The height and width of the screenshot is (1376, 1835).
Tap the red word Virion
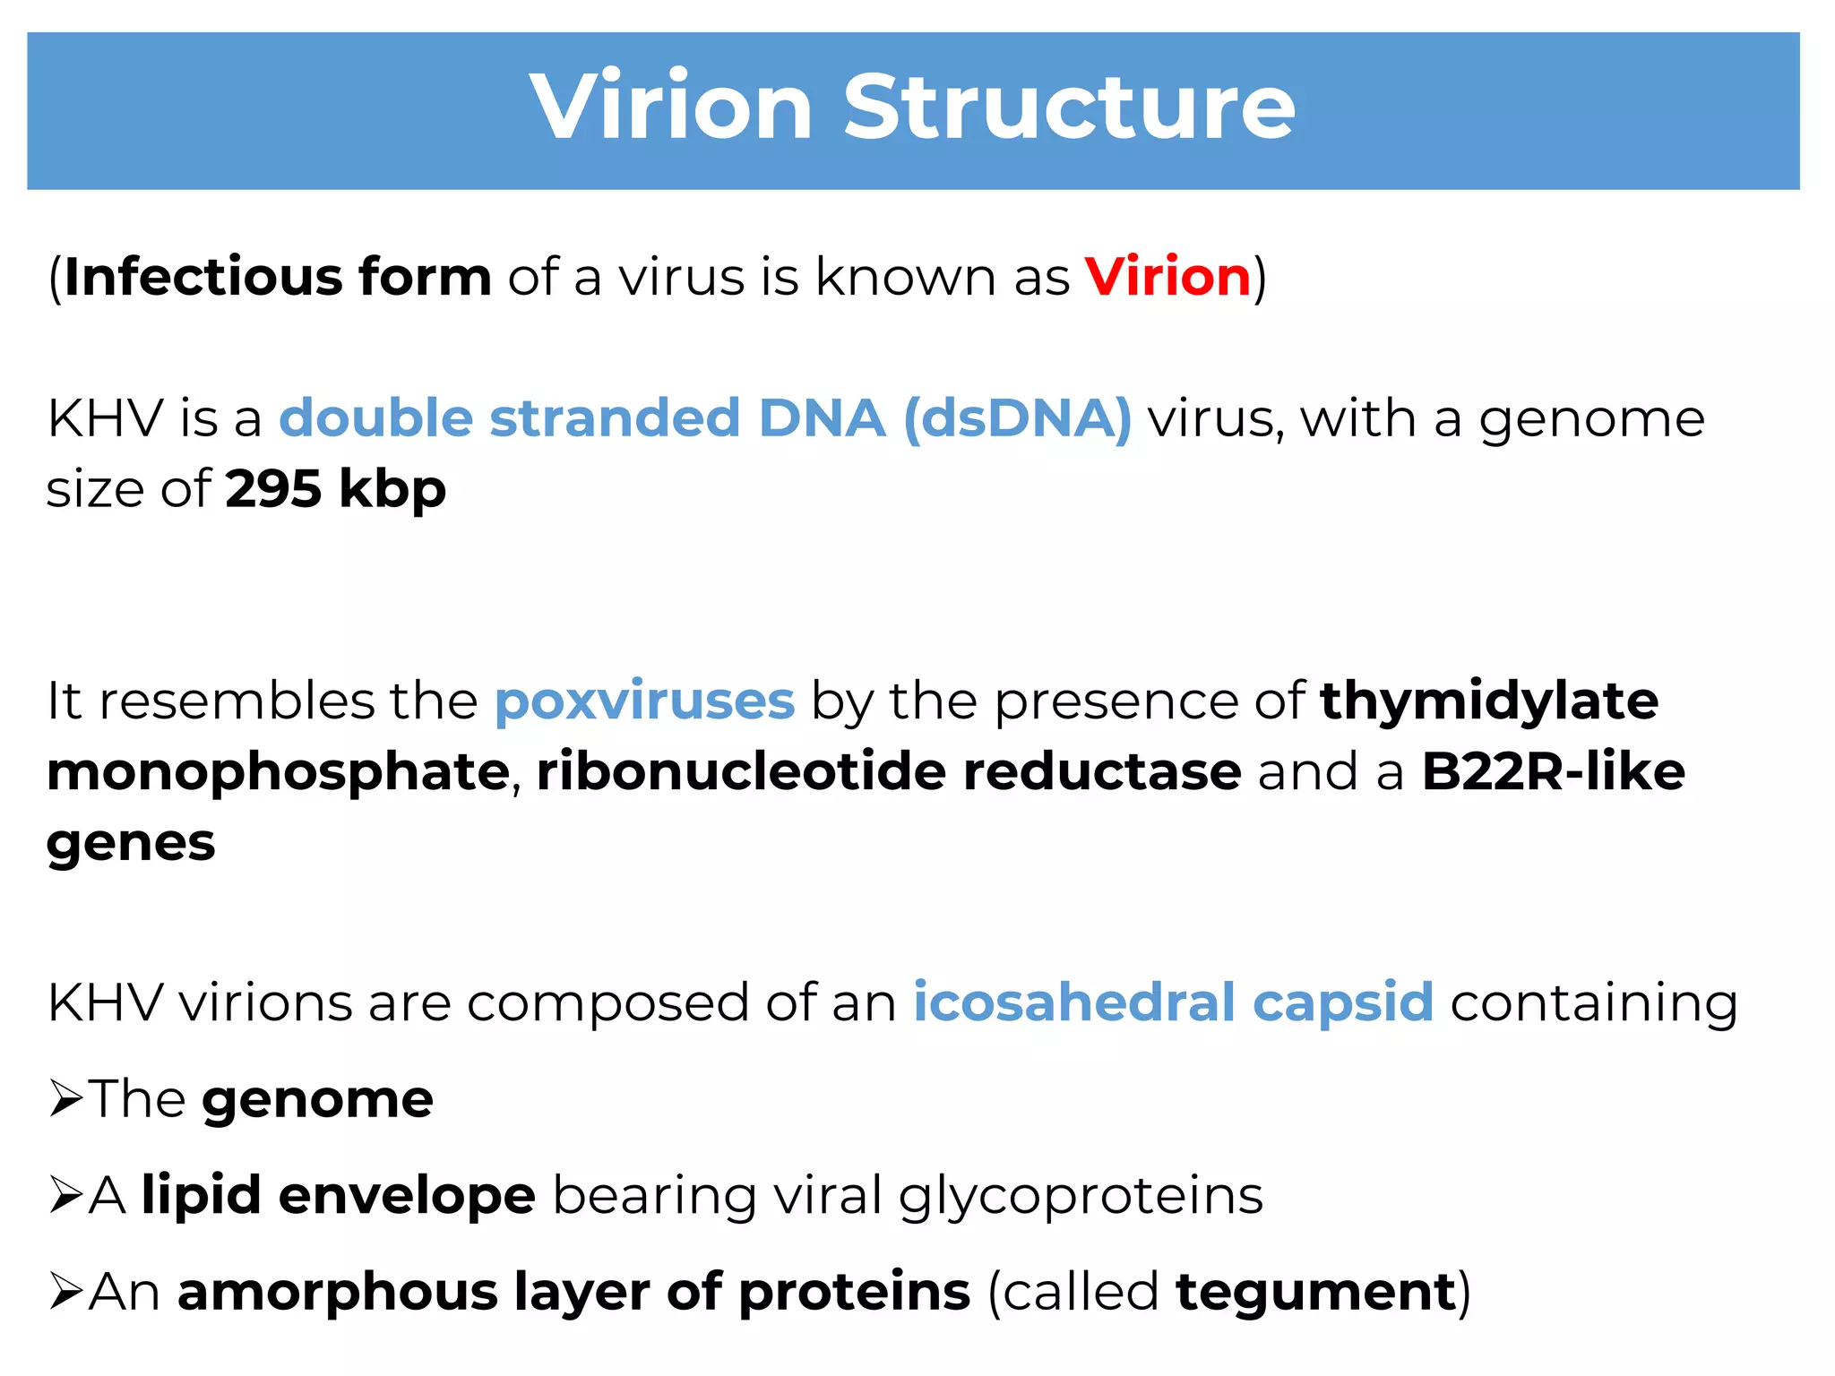click(x=1167, y=277)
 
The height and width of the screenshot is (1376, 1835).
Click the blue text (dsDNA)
click(x=1018, y=419)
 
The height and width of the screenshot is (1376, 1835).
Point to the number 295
click(x=273, y=489)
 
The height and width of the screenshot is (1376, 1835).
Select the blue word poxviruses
click(x=644, y=701)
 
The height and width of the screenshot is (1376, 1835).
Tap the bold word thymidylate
click(x=1489, y=701)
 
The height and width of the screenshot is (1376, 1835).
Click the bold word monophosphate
click(x=278, y=773)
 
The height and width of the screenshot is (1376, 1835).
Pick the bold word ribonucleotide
click(x=741, y=771)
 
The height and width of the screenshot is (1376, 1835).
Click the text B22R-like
click(x=1553, y=771)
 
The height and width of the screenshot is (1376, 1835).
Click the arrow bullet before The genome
click(x=66, y=1098)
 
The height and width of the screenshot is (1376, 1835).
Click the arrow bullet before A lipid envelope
click(x=66, y=1195)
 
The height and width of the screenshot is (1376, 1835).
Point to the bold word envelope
click(x=407, y=1197)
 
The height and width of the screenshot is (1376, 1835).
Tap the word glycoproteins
click(x=1081, y=1197)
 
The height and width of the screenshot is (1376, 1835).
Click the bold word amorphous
click(x=338, y=1293)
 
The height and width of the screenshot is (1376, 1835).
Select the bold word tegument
click(x=1315, y=1293)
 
